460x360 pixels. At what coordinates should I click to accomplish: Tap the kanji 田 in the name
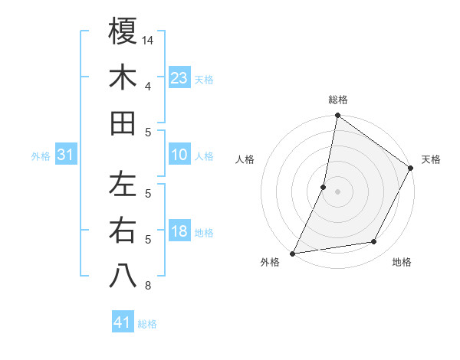click(123, 123)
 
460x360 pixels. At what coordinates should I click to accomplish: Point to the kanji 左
click(123, 185)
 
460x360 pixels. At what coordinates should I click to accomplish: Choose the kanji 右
click(123, 231)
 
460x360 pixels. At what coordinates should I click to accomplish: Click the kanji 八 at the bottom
click(123, 277)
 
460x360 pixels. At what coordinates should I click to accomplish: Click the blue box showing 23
click(179, 77)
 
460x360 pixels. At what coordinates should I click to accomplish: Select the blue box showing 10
click(179, 155)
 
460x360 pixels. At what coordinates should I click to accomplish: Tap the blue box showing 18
click(179, 231)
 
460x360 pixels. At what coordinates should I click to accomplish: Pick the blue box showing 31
click(66, 155)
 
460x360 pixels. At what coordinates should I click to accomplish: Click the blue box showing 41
click(123, 322)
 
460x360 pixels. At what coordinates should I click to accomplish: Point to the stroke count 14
click(149, 39)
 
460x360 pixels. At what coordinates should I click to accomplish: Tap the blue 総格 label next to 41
click(147, 324)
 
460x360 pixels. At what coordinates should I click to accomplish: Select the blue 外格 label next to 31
click(41, 156)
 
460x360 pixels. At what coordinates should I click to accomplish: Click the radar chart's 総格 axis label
click(338, 100)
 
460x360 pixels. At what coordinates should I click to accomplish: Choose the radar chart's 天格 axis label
click(431, 159)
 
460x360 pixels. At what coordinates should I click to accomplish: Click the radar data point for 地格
click(374, 242)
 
